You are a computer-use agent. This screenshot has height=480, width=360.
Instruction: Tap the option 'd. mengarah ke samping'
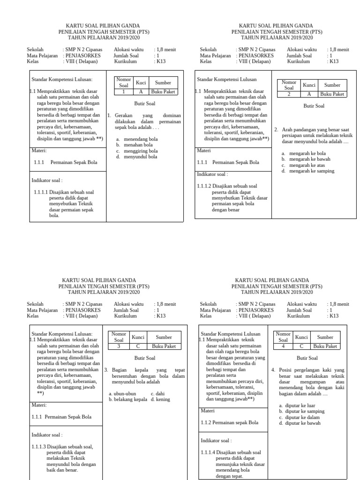click(x=307, y=171)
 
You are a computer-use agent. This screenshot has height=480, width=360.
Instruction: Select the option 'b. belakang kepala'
click(x=128, y=399)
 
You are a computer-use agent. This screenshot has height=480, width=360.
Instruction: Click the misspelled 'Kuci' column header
click(x=141, y=82)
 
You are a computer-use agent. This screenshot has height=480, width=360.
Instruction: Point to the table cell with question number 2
click(x=289, y=94)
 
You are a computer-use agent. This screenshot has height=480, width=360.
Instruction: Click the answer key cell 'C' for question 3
click(x=138, y=346)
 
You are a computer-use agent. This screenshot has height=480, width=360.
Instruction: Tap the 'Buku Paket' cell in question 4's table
click(x=325, y=346)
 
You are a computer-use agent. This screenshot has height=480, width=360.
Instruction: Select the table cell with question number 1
click(x=124, y=92)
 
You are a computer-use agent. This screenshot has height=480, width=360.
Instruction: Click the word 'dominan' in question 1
click(x=173, y=115)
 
